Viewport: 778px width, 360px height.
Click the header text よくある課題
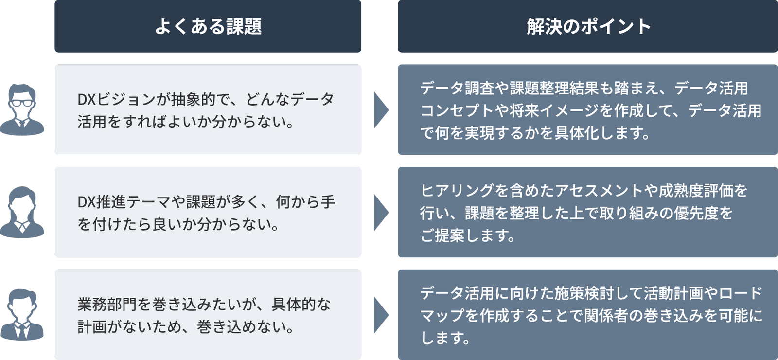208,26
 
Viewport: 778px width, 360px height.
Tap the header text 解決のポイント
588,26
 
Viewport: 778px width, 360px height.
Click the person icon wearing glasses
22,109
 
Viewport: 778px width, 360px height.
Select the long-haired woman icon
22,212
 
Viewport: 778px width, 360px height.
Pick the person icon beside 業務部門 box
22,315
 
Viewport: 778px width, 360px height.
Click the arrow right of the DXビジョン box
381,110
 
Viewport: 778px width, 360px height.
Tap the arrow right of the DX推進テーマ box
381,212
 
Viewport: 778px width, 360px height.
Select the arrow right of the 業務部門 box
381,315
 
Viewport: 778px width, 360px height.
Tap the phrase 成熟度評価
695,191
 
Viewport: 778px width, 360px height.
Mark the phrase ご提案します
467,235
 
